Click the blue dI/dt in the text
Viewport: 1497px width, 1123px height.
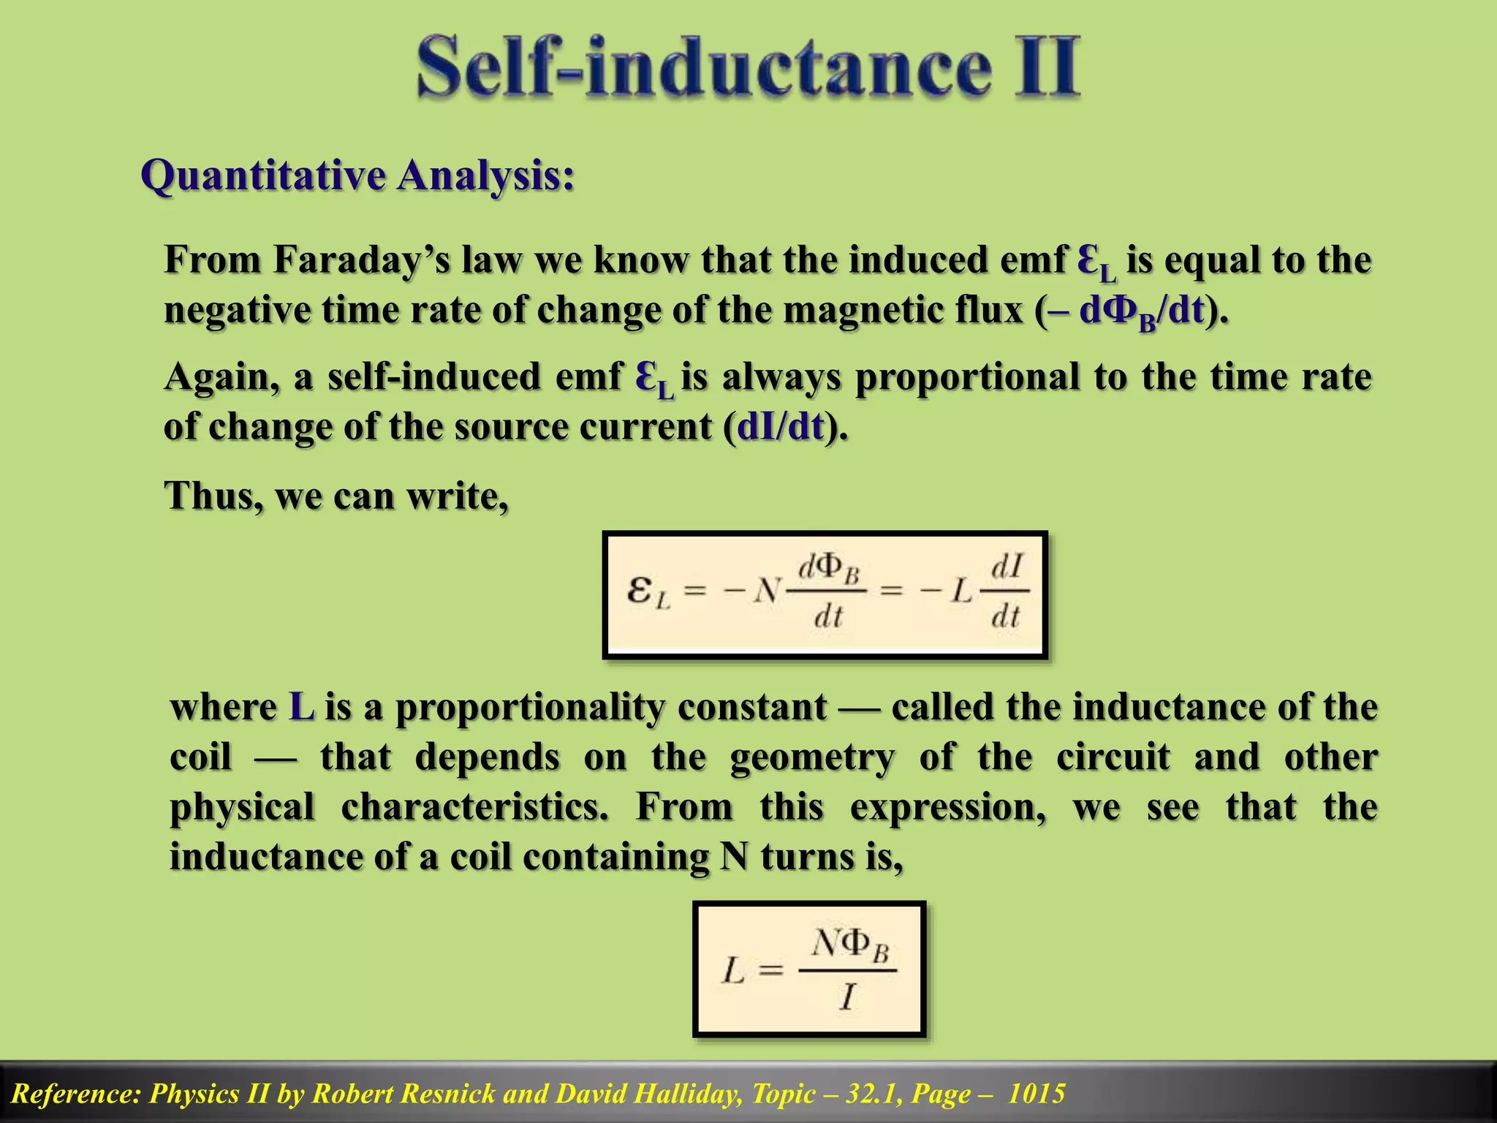781,427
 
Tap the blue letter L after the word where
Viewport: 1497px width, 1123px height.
302,708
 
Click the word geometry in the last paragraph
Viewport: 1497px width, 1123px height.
812,757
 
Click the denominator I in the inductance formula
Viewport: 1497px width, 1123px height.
847,997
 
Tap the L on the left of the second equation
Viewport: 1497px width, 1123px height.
733,972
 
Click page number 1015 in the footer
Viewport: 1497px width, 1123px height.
1036,1094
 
